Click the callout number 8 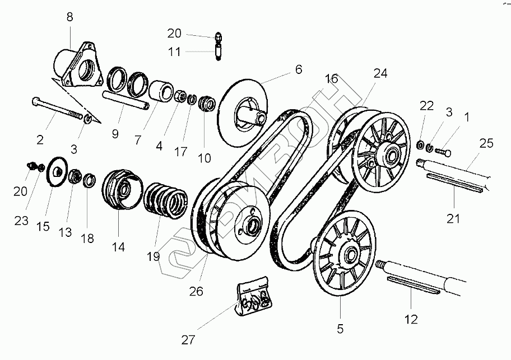(69, 17)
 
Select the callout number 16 (331, 79)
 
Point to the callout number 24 (380, 73)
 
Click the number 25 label (486, 143)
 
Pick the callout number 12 (411, 320)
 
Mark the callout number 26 (196, 291)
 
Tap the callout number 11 (175, 52)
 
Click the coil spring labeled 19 (166, 198)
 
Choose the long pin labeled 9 (124, 100)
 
